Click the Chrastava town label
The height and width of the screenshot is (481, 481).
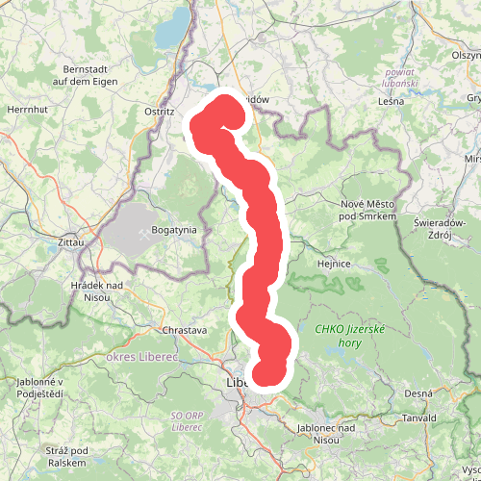tap(185, 330)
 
